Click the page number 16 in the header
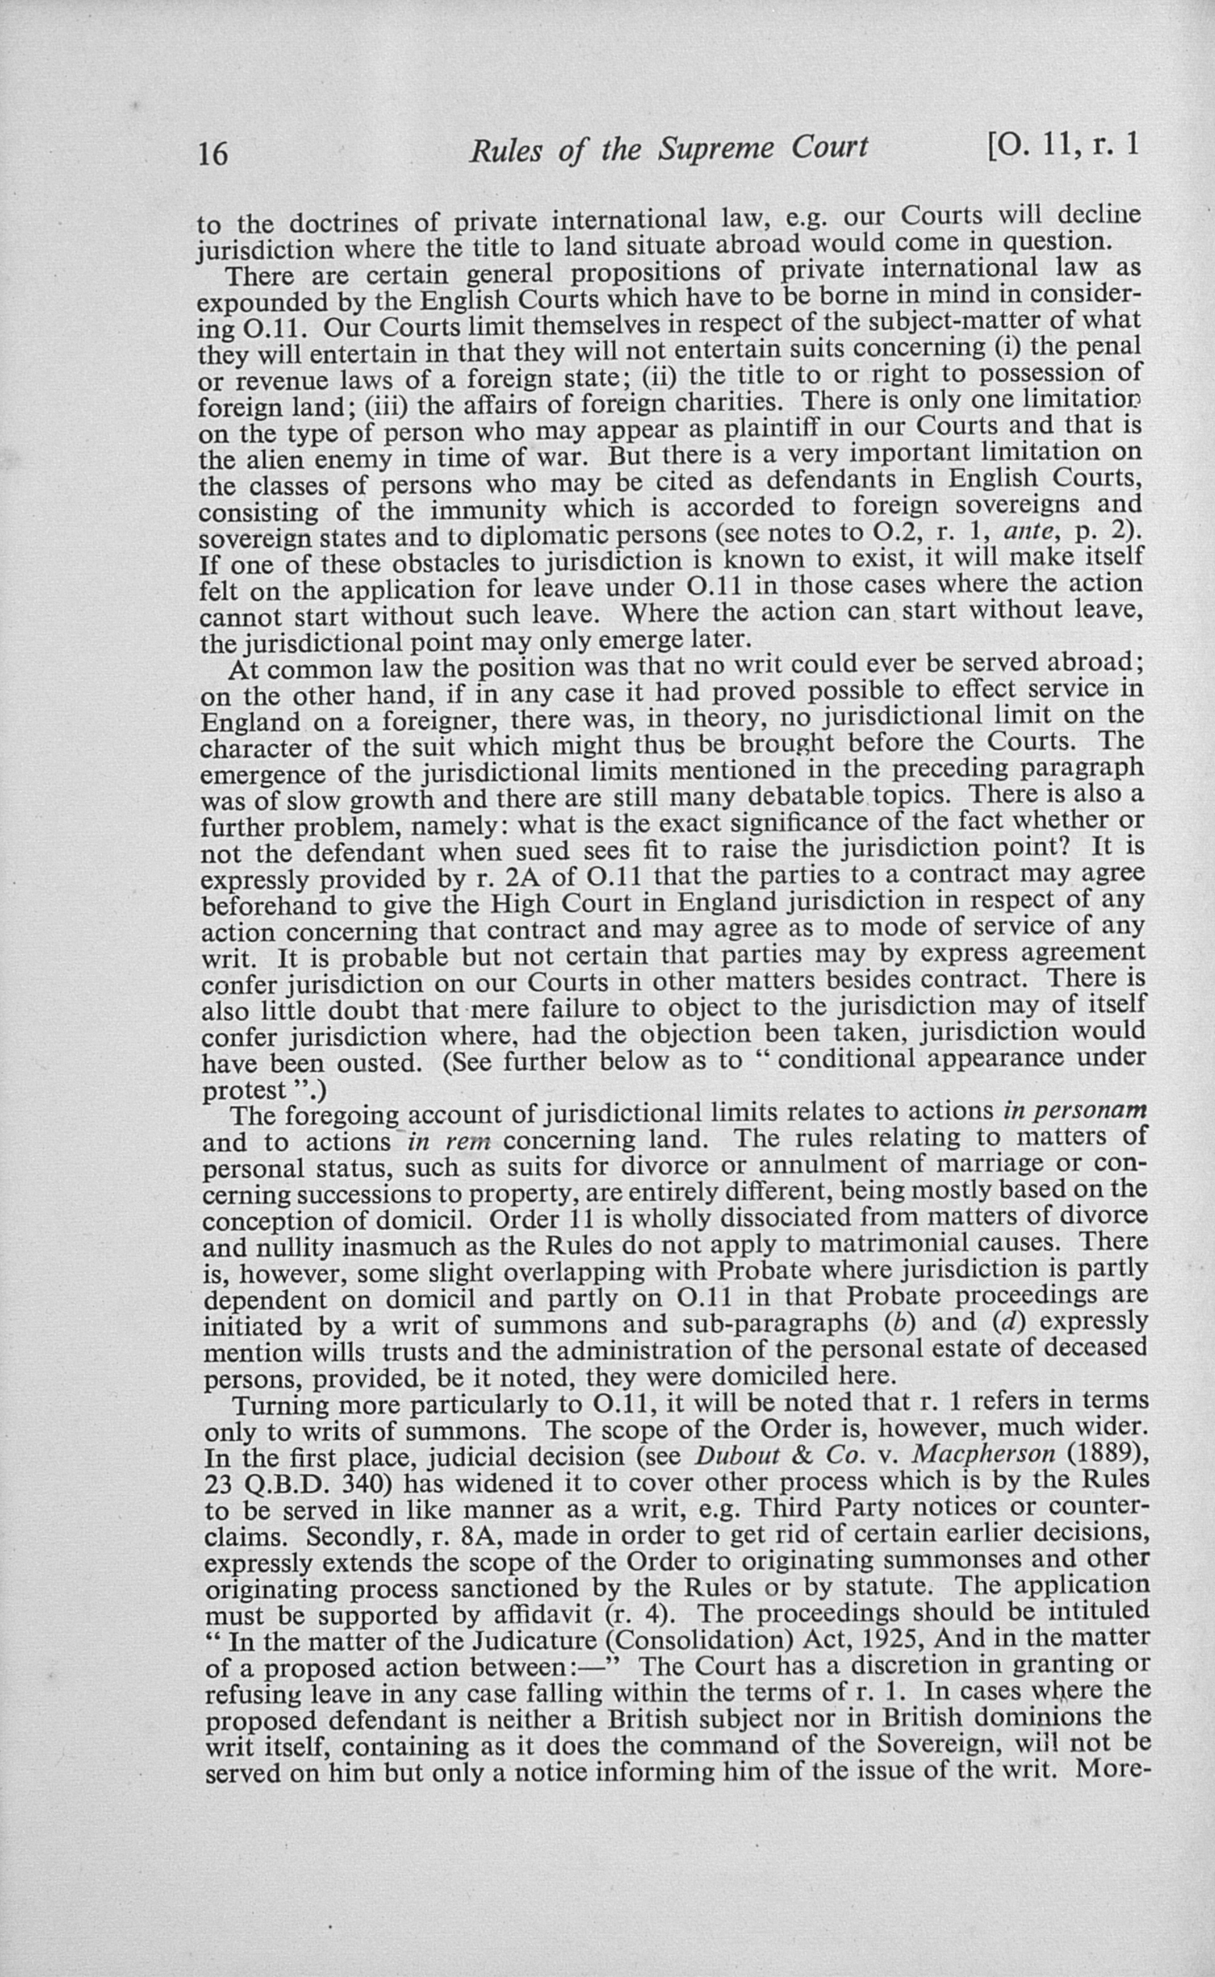[213, 152]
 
